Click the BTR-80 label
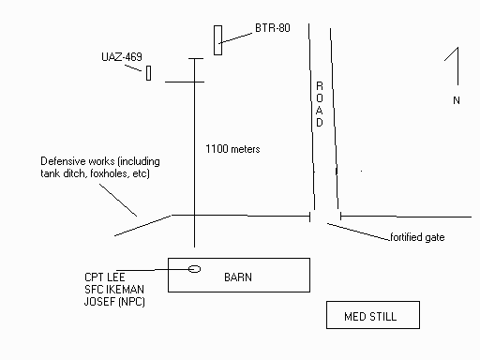coord(273,28)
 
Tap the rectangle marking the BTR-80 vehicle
coord(217,40)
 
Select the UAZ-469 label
coord(122,57)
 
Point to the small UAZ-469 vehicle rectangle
coord(149,73)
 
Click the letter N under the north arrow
coord(457,100)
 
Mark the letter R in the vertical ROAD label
coord(320,85)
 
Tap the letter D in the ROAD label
coord(320,123)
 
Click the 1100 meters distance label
coord(232,149)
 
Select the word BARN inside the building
coord(238,277)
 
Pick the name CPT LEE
coord(105,277)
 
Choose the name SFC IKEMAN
coord(114,290)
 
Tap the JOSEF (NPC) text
coord(114,302)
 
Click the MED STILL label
coord(370,317)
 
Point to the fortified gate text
coord(417,237)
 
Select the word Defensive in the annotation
coord(64,161)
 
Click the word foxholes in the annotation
coord(109,173)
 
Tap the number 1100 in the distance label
coord(217,149)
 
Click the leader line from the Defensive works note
coord(118,200)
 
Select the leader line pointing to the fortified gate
coord(359,232)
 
